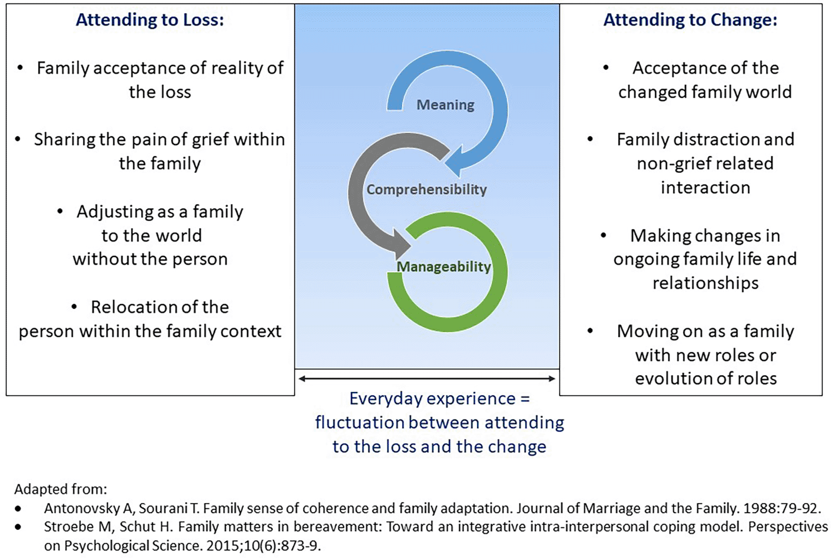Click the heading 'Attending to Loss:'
pos(149,20)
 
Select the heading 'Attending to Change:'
pos(690,20)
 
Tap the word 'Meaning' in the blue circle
pos(445,105)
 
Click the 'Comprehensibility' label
pos(426,189)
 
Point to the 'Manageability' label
pos(443,267)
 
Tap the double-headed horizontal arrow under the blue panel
pos(426,378)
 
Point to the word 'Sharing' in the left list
pos(64,140)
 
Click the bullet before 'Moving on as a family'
pos(590,331)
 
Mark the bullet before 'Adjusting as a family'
pos(60,211)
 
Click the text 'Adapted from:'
pos(61,489)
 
